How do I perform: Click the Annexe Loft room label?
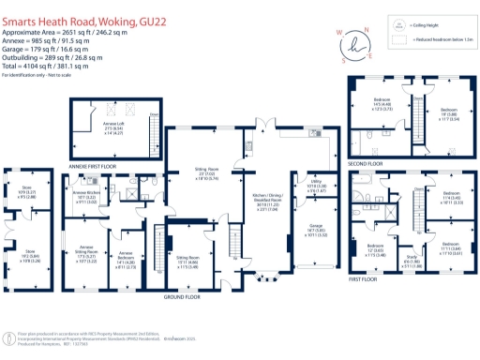pos(115,125)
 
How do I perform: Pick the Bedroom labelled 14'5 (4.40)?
pos(383,103)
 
